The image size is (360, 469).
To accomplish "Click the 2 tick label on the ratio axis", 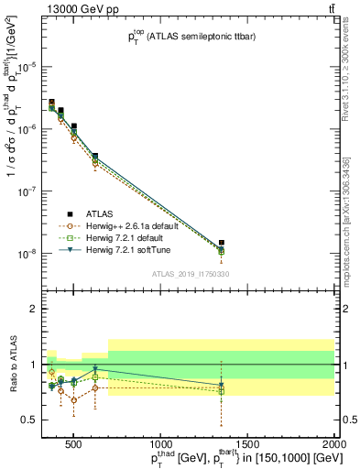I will coord(33,309).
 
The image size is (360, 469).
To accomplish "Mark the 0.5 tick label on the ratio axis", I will coord(29,420).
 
